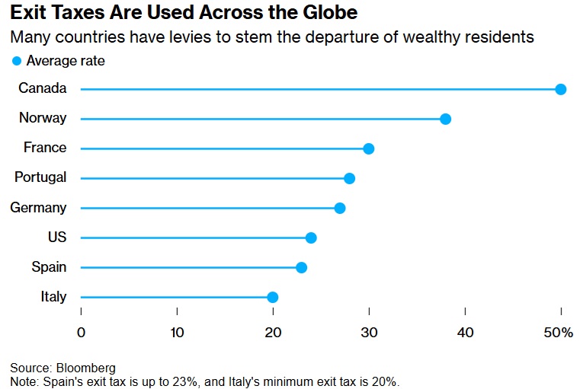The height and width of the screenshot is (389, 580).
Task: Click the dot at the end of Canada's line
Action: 561,89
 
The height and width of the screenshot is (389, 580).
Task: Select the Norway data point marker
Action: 445,119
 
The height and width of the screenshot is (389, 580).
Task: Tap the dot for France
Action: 368,149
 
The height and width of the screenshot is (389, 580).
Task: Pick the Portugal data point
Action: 349,178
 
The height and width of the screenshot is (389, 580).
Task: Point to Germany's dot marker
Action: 340,209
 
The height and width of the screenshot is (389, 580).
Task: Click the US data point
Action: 311,238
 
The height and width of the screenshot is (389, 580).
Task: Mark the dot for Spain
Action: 301,267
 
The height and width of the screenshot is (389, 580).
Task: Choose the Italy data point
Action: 272,297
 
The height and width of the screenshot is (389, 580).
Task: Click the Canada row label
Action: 43,88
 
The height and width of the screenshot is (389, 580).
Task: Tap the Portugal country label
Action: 40,177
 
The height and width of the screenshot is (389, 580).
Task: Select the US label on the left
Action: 57,237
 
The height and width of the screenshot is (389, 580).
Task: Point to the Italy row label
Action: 53,296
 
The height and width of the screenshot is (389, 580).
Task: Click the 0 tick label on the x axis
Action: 81,333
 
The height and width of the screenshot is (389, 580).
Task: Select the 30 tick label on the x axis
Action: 369,333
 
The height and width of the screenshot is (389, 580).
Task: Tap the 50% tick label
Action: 558,333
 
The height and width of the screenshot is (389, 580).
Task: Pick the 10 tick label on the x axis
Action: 177,333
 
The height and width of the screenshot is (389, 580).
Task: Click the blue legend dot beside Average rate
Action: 17,61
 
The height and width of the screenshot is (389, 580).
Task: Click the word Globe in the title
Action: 330,12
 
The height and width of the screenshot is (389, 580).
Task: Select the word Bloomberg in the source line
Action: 86,368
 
